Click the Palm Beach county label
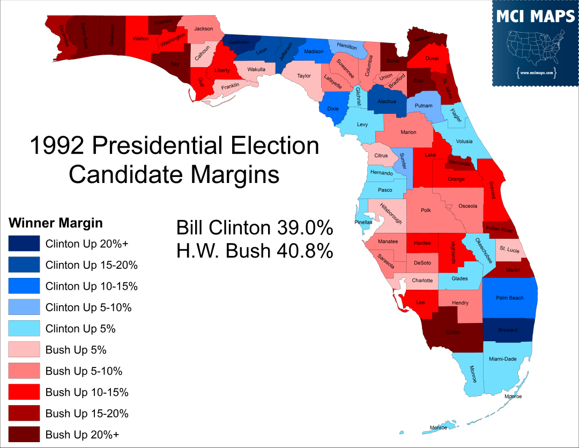click(509, 298)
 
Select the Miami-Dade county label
click(502, 359)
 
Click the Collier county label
click(453, 332)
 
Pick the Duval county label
click(432, 58)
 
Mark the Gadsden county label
click(239, 42)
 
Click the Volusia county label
click(464, 142)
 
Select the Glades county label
click(459, 278)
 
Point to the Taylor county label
click(304, 76)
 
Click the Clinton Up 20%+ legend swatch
click(24, 244)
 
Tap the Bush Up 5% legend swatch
click(24, 350)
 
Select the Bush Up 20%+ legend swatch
click(24, 434)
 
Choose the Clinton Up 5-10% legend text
click(88, 307)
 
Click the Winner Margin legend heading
click(56, 223)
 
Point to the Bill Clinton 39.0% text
click(255, 228)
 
